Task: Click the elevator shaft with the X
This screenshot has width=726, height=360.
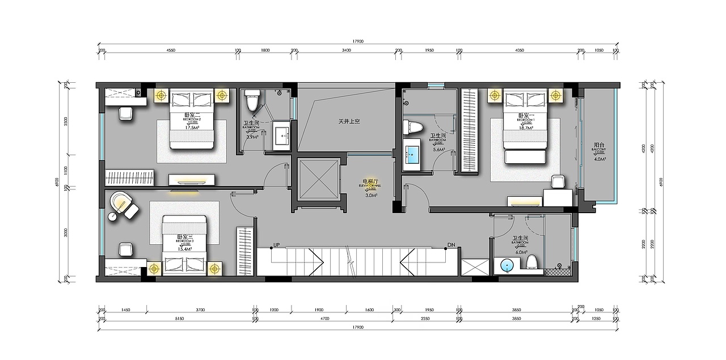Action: (317, 179)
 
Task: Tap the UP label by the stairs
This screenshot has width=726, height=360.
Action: (276, 245)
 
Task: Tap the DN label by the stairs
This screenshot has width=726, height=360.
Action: (451, 245)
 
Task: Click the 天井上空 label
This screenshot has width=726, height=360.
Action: (349, 121)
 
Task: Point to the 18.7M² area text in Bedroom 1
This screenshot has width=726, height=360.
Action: (526, 129)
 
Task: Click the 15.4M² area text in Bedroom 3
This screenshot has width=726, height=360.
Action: (185, 248)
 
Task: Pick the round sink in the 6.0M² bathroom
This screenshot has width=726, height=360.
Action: (506, 265)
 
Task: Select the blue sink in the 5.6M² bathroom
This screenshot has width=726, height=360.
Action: (412, 153)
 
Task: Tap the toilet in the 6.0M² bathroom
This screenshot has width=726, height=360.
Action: (532, 262)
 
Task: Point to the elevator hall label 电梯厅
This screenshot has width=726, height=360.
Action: (372, 181)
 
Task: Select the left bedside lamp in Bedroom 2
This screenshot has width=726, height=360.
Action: (161, 96)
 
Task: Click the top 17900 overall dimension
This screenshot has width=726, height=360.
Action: (357, 41)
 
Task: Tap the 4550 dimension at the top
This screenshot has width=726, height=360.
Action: (171, 50)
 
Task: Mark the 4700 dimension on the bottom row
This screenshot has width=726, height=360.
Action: (325, 319)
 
